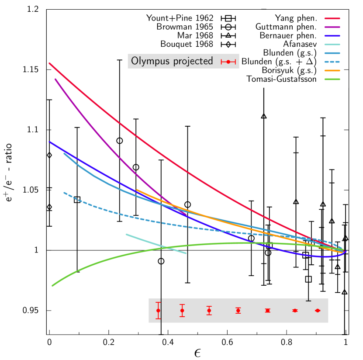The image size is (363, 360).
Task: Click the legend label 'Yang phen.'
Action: click(296, 18)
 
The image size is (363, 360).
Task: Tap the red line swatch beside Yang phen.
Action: click(332, 18)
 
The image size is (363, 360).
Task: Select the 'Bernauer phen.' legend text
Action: click(288, 35)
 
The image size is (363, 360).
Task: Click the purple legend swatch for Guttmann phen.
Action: click(332, 27)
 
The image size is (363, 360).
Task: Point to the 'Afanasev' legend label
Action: click(300, 44)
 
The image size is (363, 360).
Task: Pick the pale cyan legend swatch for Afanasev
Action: click(332, 44)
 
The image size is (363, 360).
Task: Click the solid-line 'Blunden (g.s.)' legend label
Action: click(290, 53)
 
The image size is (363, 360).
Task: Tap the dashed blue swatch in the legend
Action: click(332, 62)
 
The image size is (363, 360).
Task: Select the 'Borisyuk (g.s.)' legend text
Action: click(289, 70)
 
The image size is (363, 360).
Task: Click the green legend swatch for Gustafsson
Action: click(332, 79)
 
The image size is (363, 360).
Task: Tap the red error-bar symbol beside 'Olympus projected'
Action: click(228, 62)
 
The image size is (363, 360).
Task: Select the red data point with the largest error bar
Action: click(158, 311)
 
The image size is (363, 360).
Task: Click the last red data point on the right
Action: click(318, 311)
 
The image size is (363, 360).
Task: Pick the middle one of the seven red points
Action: click(238, 311)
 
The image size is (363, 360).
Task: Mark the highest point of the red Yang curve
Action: click(50, 63)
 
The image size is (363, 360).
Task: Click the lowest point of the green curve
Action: click(53, 285)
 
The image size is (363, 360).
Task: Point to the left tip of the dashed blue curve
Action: click(64, 193)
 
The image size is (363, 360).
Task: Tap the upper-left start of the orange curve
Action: click(137, 190)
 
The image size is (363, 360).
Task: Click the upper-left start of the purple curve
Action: click(55, 80)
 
